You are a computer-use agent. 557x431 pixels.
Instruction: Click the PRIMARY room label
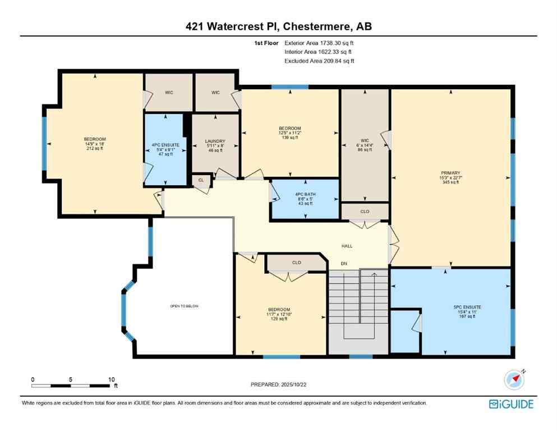tap(450, 173)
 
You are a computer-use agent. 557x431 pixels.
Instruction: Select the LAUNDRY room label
tap(215, 141)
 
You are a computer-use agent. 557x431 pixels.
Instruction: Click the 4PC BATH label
tap(305, 194)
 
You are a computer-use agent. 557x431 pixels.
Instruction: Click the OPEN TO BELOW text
tap(185, 306)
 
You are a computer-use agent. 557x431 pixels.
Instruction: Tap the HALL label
tap(347, 246)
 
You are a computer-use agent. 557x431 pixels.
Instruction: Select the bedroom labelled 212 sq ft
tap(95, 139)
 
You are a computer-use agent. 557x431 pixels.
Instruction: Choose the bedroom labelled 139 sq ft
tap(290, 128)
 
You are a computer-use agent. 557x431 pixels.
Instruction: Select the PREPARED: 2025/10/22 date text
tap(279, 384)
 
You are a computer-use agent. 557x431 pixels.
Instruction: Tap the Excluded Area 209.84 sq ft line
tap(319, 61)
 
